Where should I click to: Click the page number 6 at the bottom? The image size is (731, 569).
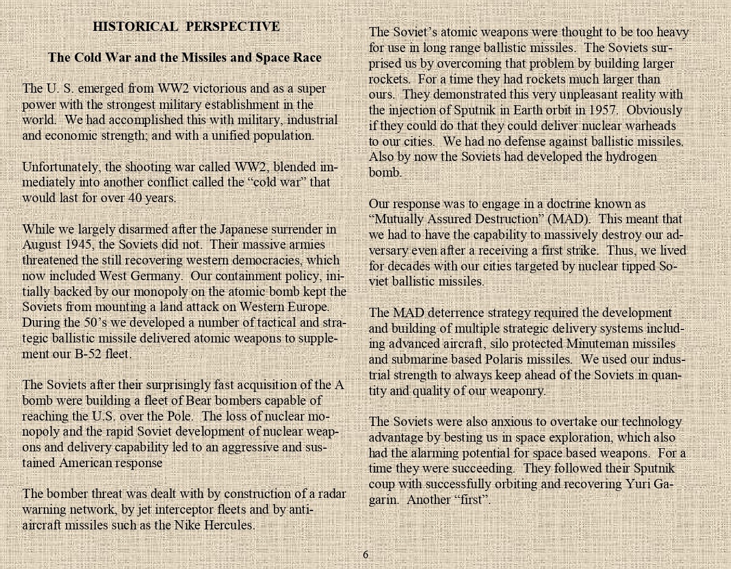[365, 554]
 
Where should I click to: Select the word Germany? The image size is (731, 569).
[156, 276]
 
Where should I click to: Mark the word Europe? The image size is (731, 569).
[308, 307]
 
